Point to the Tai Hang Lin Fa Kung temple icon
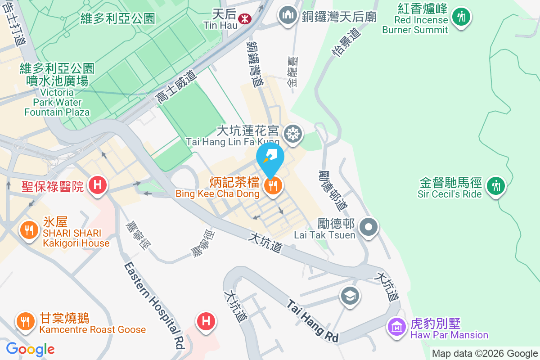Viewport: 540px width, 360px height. pyautogui.click(x=293, y=133)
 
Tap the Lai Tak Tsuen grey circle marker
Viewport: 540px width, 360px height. pyautogui.click(x=369, y=226)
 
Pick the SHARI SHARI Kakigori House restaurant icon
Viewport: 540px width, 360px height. pyautogui.click(x=29, y=230)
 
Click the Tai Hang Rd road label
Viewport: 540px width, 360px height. pyautogui.click(x=313, y=321)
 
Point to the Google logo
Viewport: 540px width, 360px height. pyautogui.click(x=30, y=349)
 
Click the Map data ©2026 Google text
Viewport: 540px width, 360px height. pyautogui.click(x=485, y=354)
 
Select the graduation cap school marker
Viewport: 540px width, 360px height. pyautogui.click(x=350, y=296)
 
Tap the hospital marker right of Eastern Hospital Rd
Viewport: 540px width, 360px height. pyautogui.click(x=206, y=321)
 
